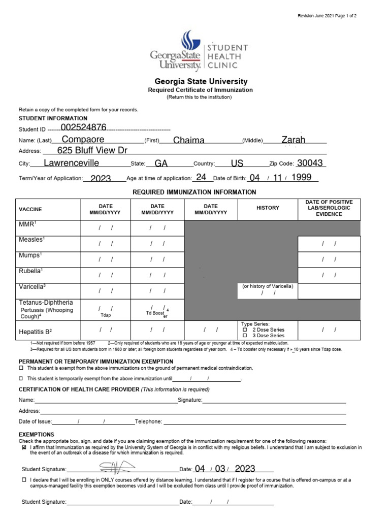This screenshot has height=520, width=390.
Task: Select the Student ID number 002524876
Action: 83,127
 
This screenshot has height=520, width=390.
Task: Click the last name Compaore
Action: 83,140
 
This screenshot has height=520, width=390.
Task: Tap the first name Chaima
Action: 189,140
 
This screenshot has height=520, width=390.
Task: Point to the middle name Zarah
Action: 294,140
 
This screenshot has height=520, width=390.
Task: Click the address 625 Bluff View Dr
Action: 92,151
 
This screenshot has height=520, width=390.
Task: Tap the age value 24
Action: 201,178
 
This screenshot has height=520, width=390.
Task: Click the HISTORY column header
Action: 268,208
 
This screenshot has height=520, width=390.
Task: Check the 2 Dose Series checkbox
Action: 245,330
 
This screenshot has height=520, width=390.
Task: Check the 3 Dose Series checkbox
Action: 245,336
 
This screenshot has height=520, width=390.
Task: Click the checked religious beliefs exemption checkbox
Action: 24,448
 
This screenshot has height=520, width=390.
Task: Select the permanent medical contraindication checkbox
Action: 21,368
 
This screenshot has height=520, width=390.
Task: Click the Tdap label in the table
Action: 106,314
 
